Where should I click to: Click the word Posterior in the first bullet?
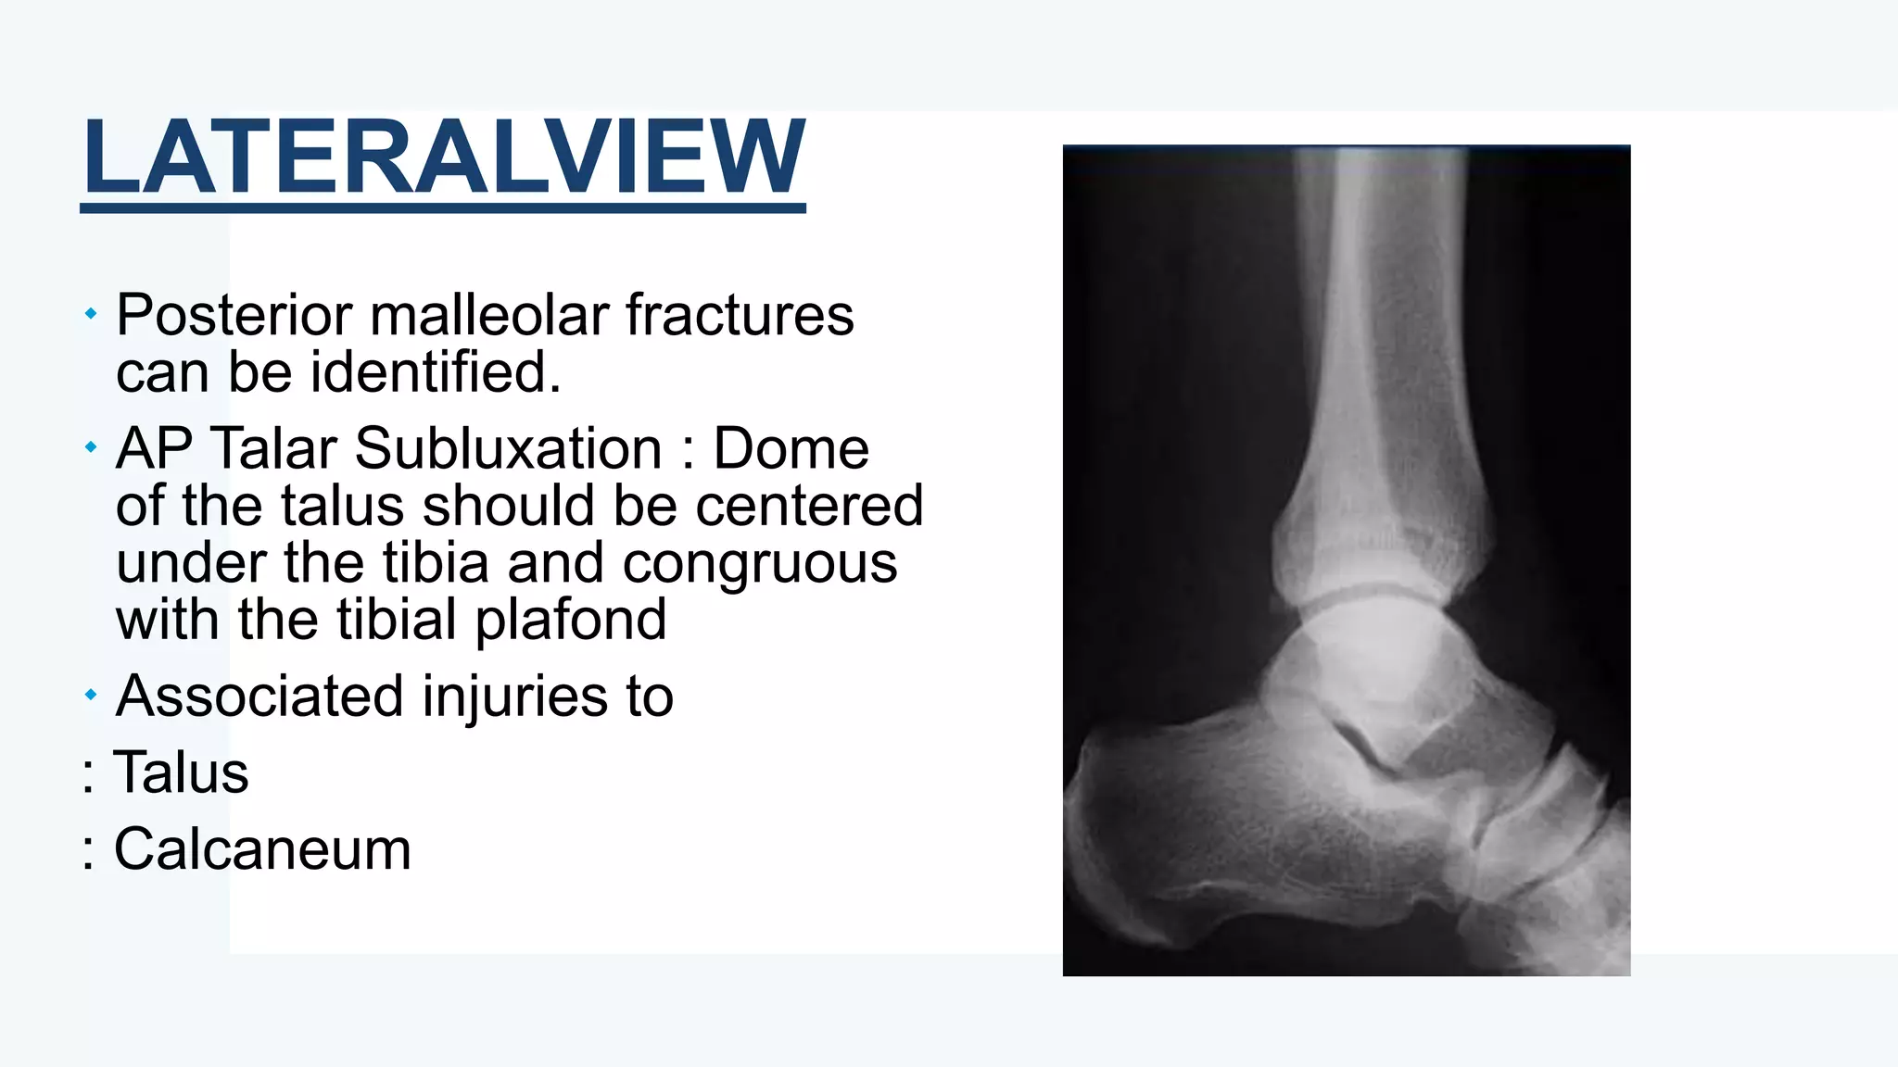pos(234,316)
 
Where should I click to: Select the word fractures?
pos(739,316)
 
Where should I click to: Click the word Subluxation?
pos(508,449)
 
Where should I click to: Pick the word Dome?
pos(791,449)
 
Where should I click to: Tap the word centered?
pos(808,507)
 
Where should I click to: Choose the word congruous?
pos(759,563)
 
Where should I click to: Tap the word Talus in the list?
pos(181,773)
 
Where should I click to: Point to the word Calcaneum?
pos(262,849)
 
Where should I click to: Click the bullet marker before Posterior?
pos(90,315)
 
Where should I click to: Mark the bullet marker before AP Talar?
pos(90,448)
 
